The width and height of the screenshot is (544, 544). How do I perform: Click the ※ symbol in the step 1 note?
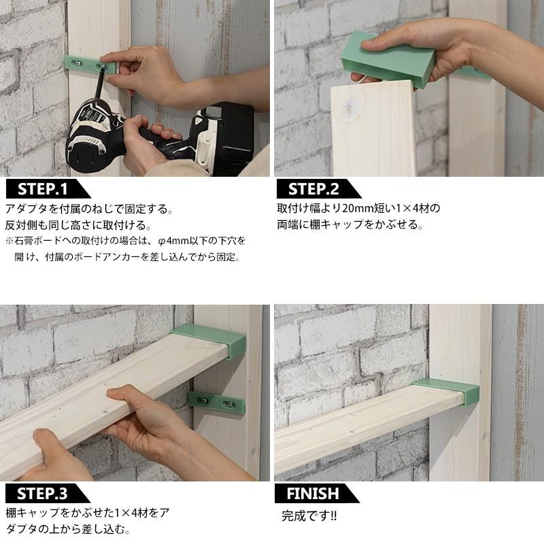(10, 241)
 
